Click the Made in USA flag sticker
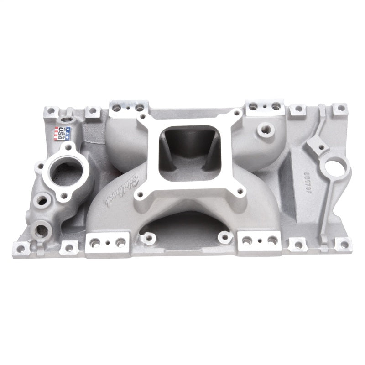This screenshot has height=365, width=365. (x=63, y=133)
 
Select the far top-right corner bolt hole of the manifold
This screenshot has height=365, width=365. (x=339, y=108)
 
